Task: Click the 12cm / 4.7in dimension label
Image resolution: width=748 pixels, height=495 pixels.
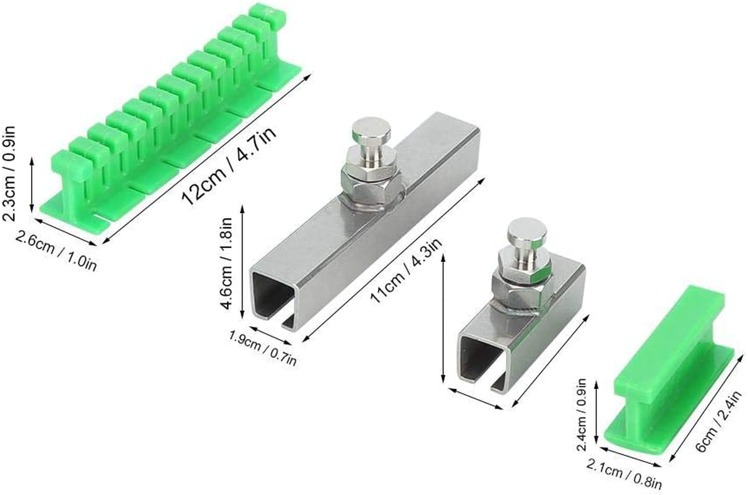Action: click(229, 165)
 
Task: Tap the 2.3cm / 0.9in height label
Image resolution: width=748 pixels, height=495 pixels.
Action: click(9, 173)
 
